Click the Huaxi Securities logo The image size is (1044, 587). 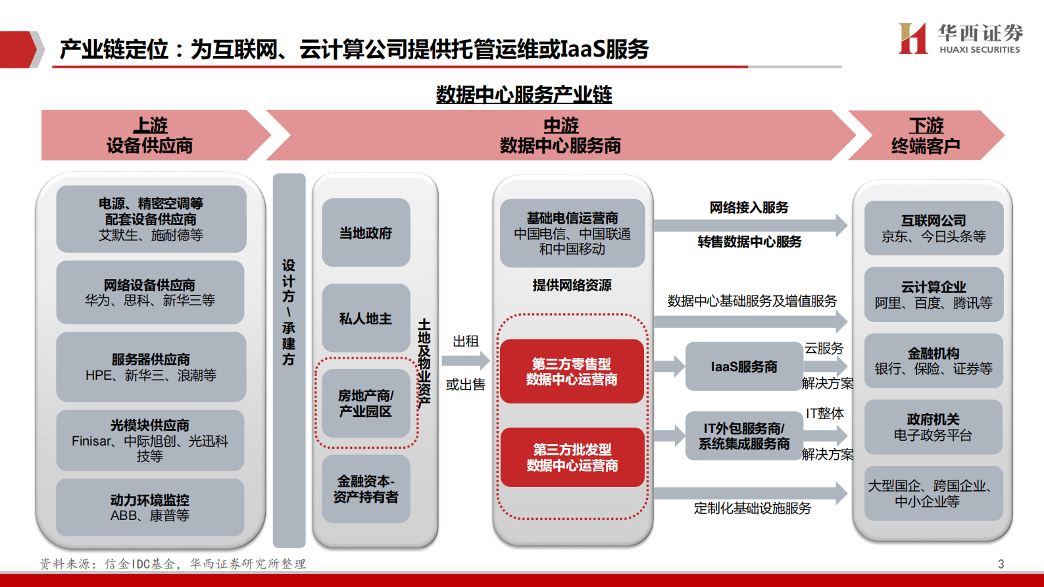(x=960, y=39)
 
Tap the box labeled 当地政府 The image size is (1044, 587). (x=366, y=233)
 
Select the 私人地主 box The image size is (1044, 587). (x=366, y=319)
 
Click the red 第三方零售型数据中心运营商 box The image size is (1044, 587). (x=572, y=372)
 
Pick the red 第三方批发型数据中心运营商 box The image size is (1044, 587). (x=572, y=457)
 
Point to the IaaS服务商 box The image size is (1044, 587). (x=743, y=367)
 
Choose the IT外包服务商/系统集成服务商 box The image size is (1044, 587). (x=743, y=436)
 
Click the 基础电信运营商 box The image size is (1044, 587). (x=572, y=233)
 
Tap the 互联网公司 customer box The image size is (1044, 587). (x=933, y=228)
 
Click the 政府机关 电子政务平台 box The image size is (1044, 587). (x=933, y=427)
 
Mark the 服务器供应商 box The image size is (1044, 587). (x=151, y=367)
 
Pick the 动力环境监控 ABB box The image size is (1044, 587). (x=150, y=507)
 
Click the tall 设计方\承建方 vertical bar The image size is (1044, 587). (x=289, y=361)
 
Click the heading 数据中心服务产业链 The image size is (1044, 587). (x=524, y=95)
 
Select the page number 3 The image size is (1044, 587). (x=1001, y=564)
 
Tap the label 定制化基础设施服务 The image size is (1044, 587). (x=752, y=508)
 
